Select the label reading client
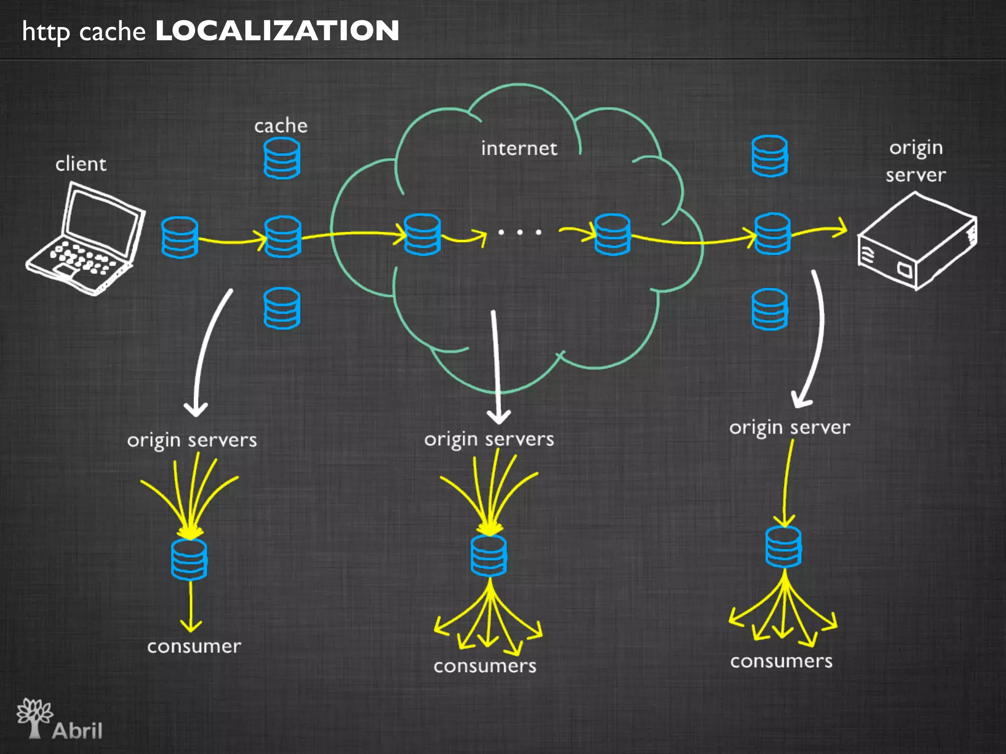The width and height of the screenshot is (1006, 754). [x=81, y=164]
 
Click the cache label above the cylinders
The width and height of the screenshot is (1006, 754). [x=280, y=126]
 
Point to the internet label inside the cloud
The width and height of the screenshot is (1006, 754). [x=519, y=148]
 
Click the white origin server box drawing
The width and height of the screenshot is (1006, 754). [x=917, y=242]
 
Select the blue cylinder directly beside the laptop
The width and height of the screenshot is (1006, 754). [x=180, y=237]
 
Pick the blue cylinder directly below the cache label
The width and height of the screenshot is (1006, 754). [x=281, y=158]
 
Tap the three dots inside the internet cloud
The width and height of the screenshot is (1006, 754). [x=520, y=232]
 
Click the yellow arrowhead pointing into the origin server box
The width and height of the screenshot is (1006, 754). [x=841, y=228]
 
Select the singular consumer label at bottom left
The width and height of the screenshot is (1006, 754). [x=194, y=646]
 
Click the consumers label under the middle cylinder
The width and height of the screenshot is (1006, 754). [x=485, y=666]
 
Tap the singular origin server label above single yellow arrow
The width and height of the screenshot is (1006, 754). [x=789, y=427]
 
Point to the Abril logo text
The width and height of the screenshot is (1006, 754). [x=77, y=730]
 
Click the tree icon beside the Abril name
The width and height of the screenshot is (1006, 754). [x=34, y=717]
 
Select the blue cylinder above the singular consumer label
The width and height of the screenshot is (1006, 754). [x=189, y=560]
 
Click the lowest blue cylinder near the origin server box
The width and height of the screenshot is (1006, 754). [x=770, y=309]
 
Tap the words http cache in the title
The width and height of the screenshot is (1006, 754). [x=84, y=32]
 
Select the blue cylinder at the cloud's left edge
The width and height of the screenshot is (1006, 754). [x=422, y=234]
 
